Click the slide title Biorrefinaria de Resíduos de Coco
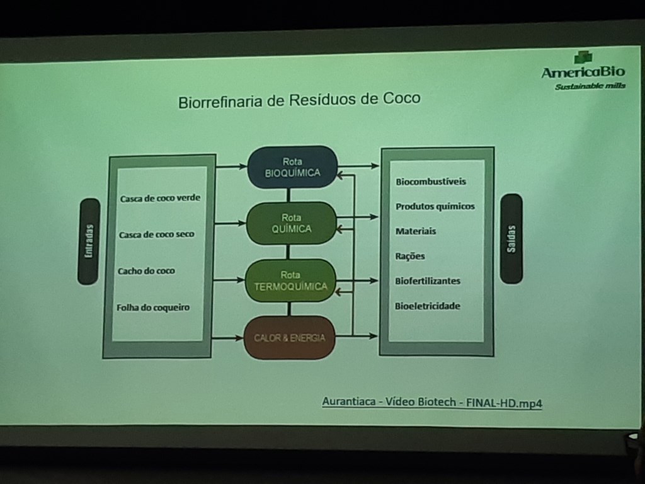pos(299,100)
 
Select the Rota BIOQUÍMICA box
pos(292,167)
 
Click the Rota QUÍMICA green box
pos(291,223)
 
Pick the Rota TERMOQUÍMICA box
pos(290,280)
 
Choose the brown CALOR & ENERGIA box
pos(289,338)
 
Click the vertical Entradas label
pos(89,241)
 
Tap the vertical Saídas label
pos(511,239)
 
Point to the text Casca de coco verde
pos(160,198)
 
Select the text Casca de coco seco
pos(156,234)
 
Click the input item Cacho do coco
pos(146,271)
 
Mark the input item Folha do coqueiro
pos(152,308)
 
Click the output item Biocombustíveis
pos(431,181)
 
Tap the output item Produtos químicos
pos(435,206)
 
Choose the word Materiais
pos(416,231)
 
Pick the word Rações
pos(410,256)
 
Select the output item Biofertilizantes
pos(428,280)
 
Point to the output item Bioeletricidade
pos(428,306)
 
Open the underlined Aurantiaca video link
pos(431,402)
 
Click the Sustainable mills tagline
pos(590,86)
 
